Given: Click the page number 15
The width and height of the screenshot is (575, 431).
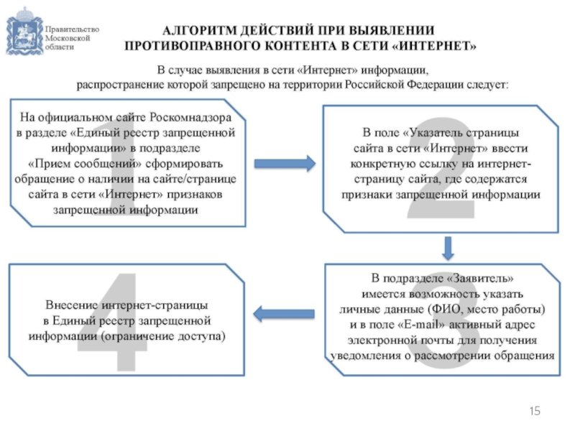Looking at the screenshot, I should [x=534, y=410].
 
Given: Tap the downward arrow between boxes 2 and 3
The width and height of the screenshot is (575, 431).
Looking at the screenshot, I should [x=447, y=249].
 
